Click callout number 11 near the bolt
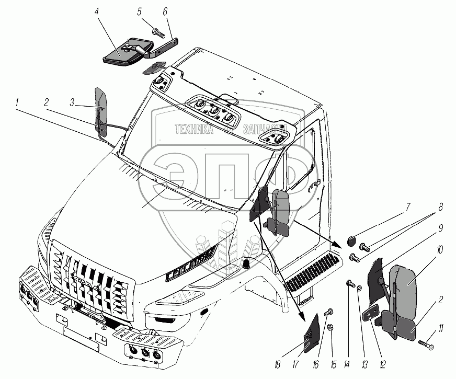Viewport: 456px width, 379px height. click(x=442, y=328)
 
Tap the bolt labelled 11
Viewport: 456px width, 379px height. click(x=426, y=345)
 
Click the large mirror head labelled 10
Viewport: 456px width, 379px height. click(x=404, y=282)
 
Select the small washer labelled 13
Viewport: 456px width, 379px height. click(x=359, y=286)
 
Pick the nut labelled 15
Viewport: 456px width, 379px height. click(x=331, y=328)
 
